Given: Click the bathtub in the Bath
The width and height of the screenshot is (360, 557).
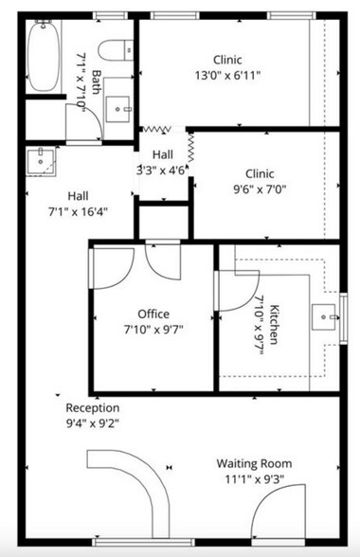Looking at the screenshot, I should (43, 57).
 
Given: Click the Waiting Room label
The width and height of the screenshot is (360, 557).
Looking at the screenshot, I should (253, 463).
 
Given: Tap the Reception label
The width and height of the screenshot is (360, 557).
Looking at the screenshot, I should (92, 408).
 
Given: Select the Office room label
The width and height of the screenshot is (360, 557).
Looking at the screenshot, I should (153, 314).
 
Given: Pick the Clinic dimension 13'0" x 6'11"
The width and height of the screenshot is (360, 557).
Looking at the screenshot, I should (226, 74).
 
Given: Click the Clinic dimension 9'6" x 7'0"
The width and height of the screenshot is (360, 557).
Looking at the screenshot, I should (259, 189).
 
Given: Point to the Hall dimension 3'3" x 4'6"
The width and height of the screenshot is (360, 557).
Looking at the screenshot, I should (162, 171).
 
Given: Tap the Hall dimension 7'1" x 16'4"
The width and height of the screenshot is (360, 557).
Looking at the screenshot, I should (79, 211).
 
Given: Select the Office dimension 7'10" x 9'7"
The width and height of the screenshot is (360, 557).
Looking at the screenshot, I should (153, 329).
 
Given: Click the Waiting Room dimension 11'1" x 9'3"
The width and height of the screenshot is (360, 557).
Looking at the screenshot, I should (253, 479).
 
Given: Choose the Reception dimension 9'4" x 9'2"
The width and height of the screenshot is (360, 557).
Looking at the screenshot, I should (92, 423).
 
